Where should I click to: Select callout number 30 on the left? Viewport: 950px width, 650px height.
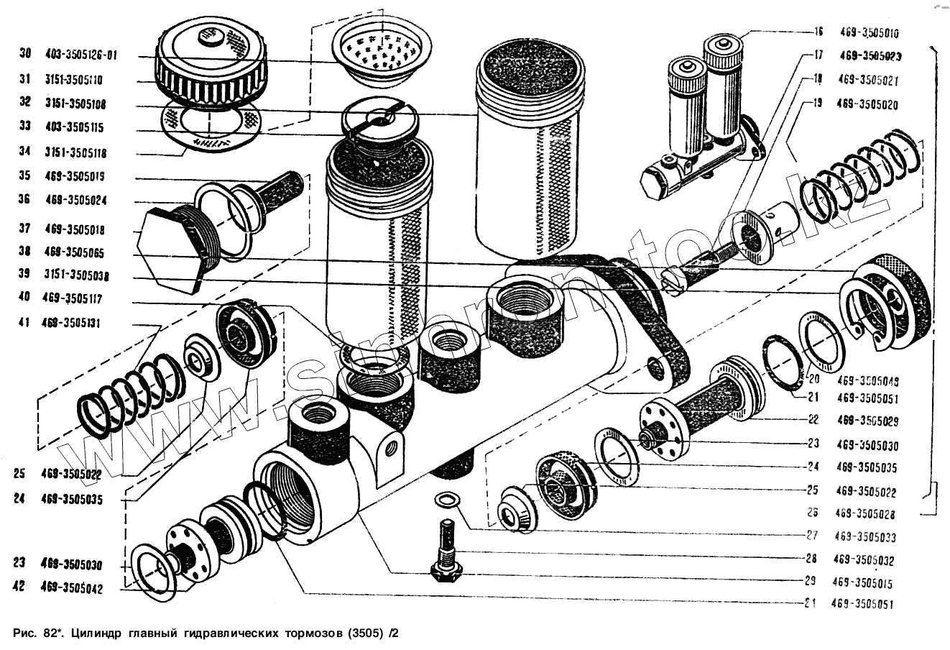point(25,52)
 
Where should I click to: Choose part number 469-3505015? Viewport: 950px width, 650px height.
point(863,582)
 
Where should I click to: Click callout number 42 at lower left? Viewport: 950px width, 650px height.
point(19,587)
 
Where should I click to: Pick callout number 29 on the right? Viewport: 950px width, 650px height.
point(810,581)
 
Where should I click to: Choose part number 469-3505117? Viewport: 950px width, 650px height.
point(72,298)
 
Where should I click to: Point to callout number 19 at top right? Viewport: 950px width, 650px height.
point(816,104)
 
